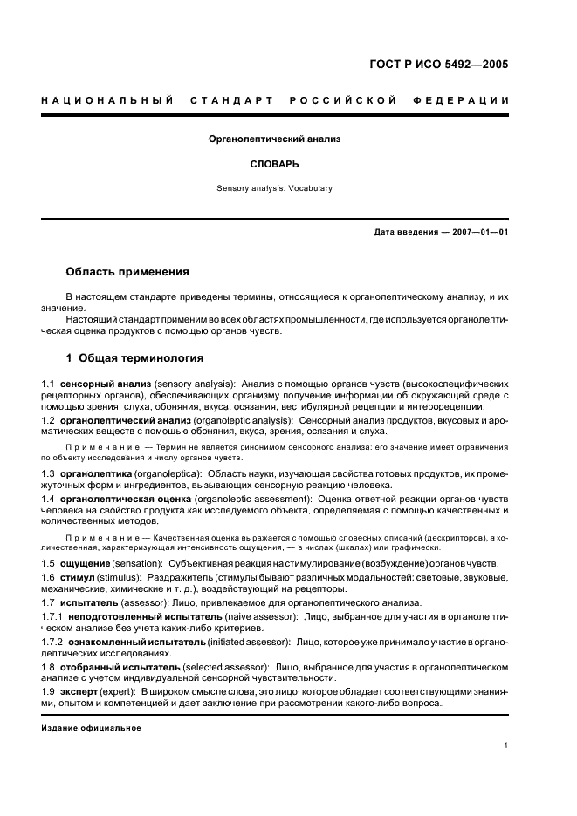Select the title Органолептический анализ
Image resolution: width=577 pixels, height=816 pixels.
click(274, 139)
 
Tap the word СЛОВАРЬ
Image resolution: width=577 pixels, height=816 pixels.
click(274, 163)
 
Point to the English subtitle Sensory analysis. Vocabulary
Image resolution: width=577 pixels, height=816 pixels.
click(274, 187)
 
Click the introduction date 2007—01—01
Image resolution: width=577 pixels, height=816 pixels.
click(477, 232)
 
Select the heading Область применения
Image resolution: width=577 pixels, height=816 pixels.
click(127, 272)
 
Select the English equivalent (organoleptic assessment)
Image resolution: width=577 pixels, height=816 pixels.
click(252, 498)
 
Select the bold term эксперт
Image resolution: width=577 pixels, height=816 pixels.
click(79, 691)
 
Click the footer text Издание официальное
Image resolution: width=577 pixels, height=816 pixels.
click(91, 728)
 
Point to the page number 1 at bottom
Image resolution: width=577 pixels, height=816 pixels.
click(505, 745)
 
